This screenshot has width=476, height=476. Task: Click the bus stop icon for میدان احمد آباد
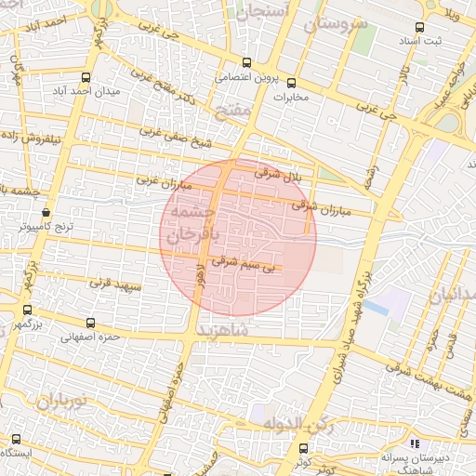click(86, 78)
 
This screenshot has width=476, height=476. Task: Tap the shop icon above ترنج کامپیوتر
click(46, 213)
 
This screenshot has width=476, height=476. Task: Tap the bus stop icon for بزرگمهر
click(27, 310)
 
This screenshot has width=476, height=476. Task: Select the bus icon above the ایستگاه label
click(15, 439)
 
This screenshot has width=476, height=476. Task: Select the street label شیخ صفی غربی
click(177, 138)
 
